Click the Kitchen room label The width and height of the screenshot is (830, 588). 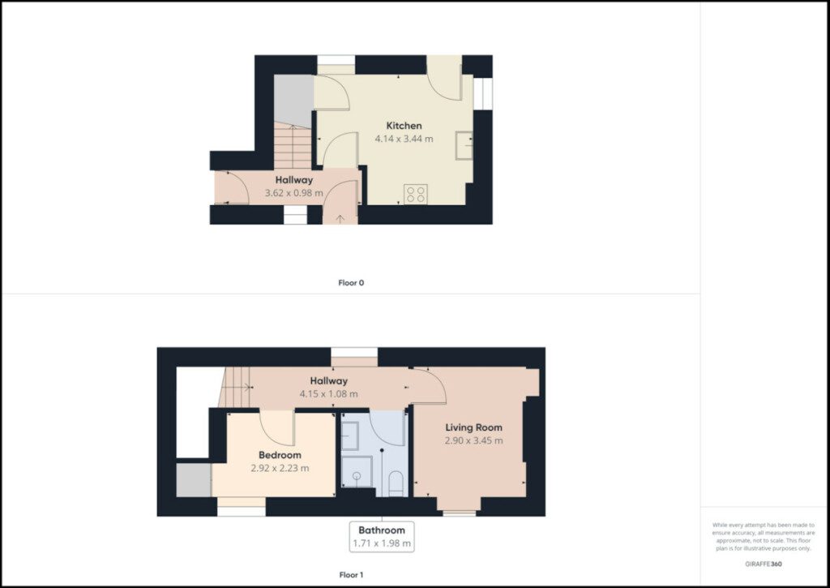pyautogui.click(x=404, y=126)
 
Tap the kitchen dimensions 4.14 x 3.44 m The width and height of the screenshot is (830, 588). pyautogui.click(x=404, y=139)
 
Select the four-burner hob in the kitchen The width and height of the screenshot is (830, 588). pyautogui.click(x=416, y=194)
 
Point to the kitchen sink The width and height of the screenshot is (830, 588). pyautogui.click(x=464, y=145)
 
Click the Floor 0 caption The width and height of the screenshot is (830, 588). pyautogui.click(x=351, y=283)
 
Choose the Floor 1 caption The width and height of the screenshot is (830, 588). pyautogui.click(x=351, y=575)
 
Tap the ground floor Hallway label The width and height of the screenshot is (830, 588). pyautogui.click(x=293, y=180)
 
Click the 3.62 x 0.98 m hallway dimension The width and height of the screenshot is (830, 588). pyautogui.click(x=293, y=193)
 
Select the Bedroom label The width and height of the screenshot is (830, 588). pyautogui.click(x=280, y=455)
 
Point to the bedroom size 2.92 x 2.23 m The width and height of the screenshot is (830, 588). pyautogui.click(x=280, y=468)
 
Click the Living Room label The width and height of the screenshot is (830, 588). pyautogui.click(x=473, y=427)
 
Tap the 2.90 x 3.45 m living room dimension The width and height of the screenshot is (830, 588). pyautogui.click(x=473, y=440)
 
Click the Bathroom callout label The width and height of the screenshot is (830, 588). pyautogui.click(x=382, y=530)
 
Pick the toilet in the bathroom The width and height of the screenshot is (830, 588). pyautogui.click(x=396, y=484)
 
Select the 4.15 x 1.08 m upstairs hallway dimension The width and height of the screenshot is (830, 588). pyautogui.click(x=329, y=394)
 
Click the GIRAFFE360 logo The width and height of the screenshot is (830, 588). pyautogui.click(x=764, y=564)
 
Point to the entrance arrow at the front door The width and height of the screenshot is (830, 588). pyautogui.click(x=340, y=217)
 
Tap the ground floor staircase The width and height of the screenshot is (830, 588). pyautogui.click(x=292, y=146)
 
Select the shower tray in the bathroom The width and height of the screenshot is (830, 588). pyautogui.click(x=357, y=471)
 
